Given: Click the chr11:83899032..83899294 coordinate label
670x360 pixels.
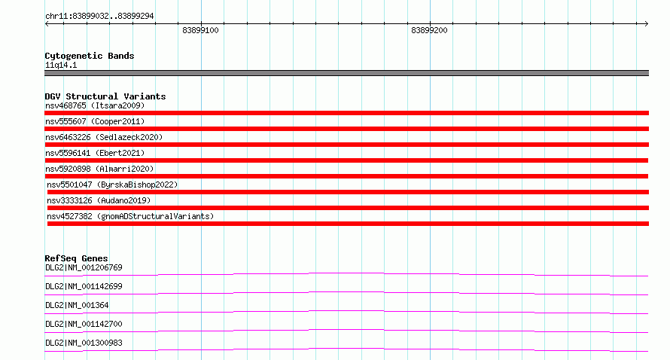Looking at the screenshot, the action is [x=99, y=17].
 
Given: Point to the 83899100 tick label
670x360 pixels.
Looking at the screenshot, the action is [x=200, y=30].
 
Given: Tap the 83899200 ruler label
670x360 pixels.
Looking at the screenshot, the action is [x=429, y=30].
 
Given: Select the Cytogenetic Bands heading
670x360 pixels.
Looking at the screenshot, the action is [x=90, y=56].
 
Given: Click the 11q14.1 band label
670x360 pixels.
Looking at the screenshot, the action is [x=61, y=65].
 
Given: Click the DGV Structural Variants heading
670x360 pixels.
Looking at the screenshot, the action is [x=105, y=96].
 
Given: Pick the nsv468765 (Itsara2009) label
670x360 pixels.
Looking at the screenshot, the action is [x=95, y=105].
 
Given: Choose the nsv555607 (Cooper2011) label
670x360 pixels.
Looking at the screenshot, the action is [x=95, y=121].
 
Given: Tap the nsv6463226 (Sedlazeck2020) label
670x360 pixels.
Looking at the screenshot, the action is [x=104, y=137].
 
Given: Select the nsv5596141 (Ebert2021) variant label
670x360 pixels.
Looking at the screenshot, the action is [x=95, y=153].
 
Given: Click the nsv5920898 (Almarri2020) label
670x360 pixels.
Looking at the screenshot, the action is [x=99, y=169].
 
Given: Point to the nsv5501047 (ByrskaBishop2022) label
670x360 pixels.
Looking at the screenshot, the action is [x=112, y=185].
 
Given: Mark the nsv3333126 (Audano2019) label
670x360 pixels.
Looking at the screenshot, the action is [x=99, y=200].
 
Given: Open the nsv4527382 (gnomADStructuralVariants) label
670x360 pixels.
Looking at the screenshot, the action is [x=130, y=216].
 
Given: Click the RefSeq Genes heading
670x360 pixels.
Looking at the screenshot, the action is [x=77, y=258].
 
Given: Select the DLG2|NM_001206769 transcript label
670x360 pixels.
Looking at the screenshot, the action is [x=84, y=267].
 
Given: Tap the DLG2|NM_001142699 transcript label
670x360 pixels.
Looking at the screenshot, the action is [x=84, y=286].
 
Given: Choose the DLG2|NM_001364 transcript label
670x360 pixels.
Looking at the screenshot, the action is [x=77, y=305].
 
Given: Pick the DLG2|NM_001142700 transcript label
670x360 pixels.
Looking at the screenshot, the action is [x=84, y=324].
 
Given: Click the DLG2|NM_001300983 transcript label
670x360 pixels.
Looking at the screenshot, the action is [x=84, y=343].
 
